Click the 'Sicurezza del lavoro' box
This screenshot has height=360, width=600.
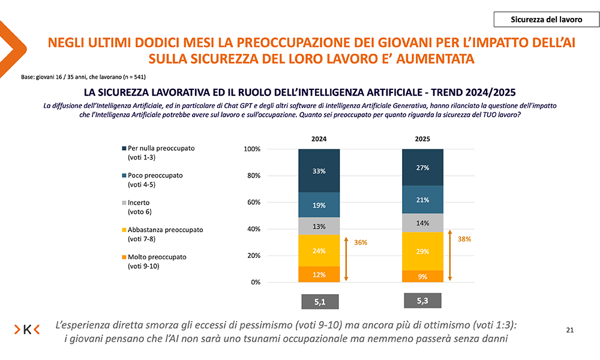546,19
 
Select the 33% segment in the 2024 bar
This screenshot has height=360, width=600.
319,171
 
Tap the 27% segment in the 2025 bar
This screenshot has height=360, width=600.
422,167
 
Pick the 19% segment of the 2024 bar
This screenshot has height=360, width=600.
319,205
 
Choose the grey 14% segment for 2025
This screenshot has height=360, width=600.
422,223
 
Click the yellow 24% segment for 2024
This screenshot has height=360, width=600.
319,250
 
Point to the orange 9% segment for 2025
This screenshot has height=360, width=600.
422,277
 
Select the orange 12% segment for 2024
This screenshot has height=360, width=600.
319,275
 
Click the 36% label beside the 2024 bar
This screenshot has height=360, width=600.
361,242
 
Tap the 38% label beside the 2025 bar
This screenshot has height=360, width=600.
464,238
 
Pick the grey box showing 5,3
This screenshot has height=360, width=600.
422,300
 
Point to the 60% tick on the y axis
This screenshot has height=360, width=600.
252,202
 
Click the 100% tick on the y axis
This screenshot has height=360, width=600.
251,149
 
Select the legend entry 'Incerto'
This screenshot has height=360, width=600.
139,203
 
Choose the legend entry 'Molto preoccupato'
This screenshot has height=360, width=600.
157,257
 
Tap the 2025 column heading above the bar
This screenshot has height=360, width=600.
422,139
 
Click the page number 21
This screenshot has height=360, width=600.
570,330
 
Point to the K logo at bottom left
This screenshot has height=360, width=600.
27,329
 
